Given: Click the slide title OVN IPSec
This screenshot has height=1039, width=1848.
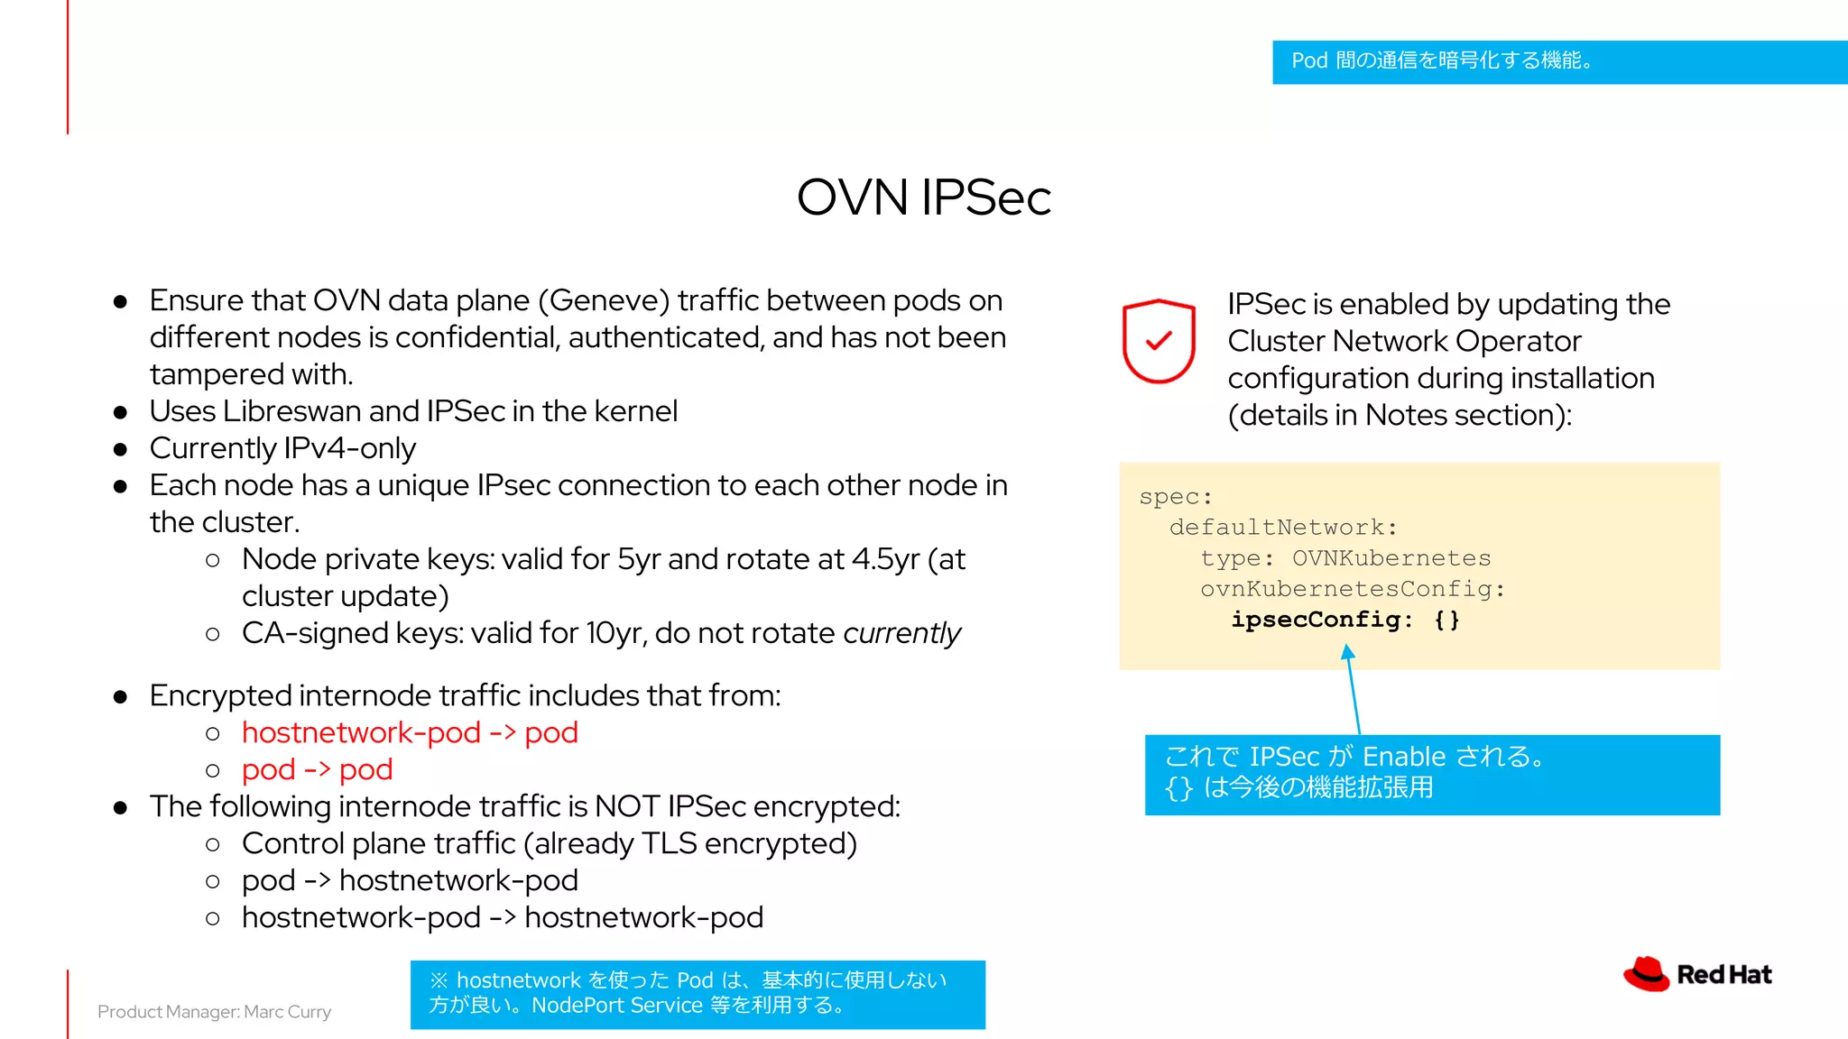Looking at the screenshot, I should pyautogui.click(x=923, y=198).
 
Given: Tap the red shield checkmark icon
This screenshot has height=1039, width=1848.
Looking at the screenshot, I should pyautogui.click(x=1159, y=341).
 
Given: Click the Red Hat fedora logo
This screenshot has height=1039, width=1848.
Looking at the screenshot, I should pyautogui.click(x=1647, y=974).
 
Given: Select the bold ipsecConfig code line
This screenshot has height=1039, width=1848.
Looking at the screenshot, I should pyautogui.click(x=1344, y=620).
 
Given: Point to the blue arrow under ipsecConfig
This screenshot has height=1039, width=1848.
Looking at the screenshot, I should pyautogui.click(x=1353, y=690).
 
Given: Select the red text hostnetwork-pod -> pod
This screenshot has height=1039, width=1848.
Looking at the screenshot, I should pyautogui.click(x=410, y=732).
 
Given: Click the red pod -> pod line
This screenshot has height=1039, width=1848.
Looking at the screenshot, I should pyautogui.click(x=317, y=769).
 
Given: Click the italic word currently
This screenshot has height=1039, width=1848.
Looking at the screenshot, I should pyautogui.click(x=901, y=633).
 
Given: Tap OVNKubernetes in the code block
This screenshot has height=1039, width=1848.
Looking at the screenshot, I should pyautogui.click(x=1391, y=558).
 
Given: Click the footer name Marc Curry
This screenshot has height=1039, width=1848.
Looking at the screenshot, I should pyautogui.click(x=287, y=1012).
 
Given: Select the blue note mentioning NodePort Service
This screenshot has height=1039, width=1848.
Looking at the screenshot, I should pyautogui.click(x=698, y=994).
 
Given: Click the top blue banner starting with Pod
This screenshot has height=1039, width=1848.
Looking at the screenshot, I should pyautogui.click(x=1559, y=61).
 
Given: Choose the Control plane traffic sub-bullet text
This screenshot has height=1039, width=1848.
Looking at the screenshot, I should pyautogui.click(x=549, y=843).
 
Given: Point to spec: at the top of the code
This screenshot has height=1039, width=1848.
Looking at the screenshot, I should pyautogui.click(x=1175, y=497).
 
